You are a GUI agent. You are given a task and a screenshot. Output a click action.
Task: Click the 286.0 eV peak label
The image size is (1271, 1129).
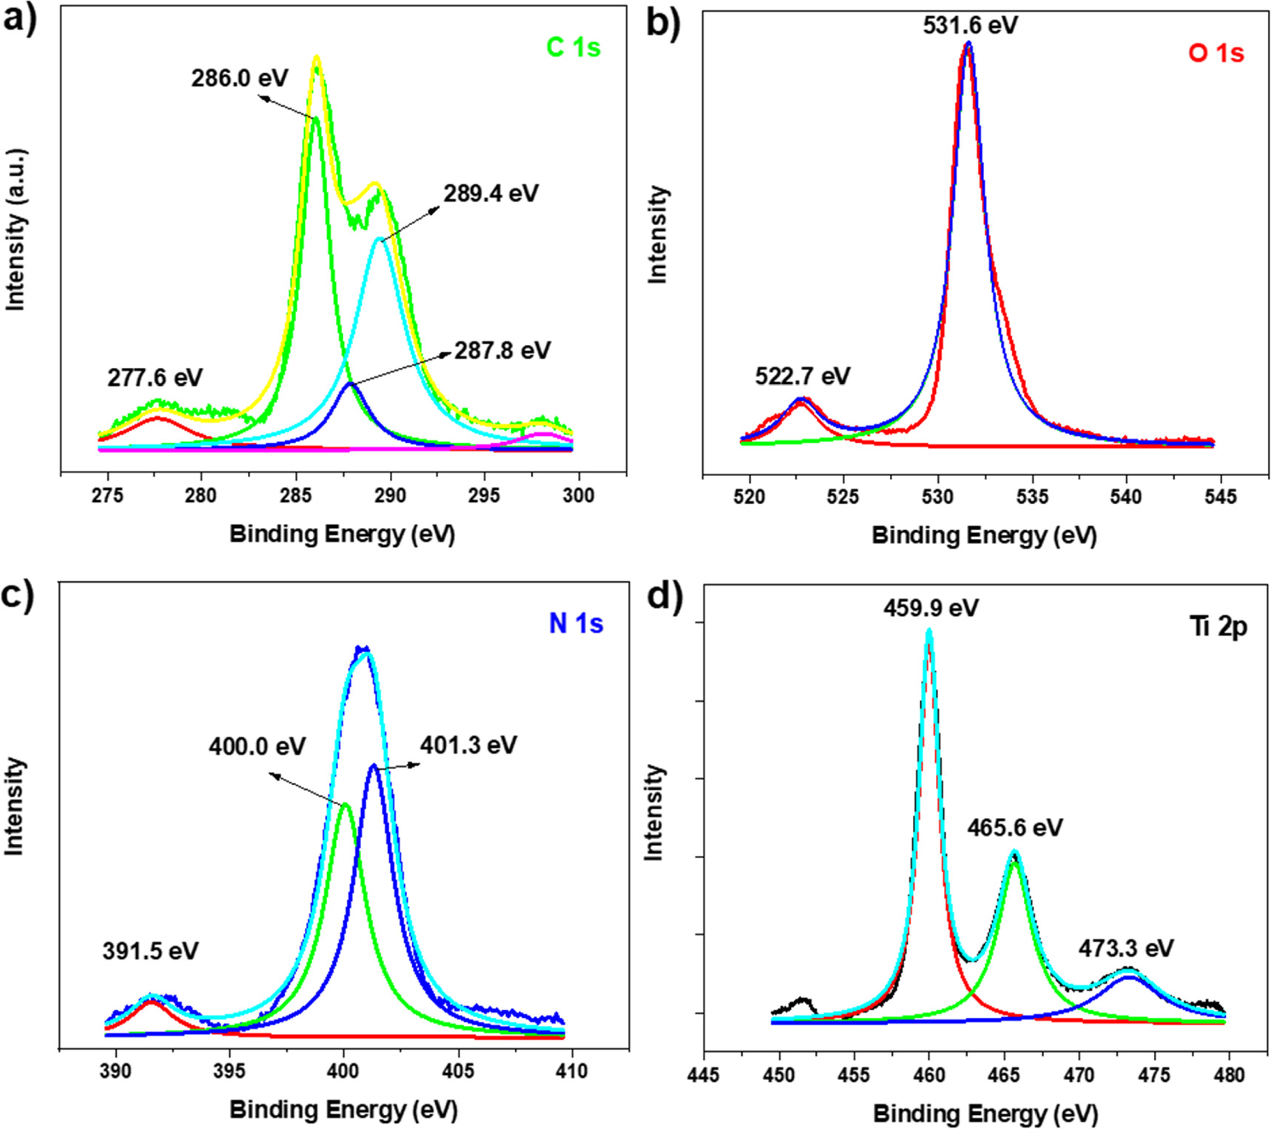[x=239, y=78]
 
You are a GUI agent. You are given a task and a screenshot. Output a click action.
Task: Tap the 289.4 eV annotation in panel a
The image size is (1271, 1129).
[x=491, y=193]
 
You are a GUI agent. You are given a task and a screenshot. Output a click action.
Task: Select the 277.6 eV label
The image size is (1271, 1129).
[x=155, y=378]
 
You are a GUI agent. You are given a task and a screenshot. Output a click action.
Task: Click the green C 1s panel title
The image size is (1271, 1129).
[x=573, y=47]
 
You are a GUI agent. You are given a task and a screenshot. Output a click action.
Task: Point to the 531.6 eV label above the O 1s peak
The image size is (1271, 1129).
[x=970, y=25]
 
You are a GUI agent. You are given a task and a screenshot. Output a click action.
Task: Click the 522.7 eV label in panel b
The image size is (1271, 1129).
[x=803, y=376]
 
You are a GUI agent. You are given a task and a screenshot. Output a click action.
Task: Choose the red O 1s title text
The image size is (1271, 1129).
[x=1216, y=53]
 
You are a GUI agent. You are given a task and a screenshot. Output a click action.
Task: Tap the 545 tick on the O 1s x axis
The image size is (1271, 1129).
[x=1220, y=496]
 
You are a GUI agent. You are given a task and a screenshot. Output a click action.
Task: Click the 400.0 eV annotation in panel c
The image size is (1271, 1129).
[x=257, y=746]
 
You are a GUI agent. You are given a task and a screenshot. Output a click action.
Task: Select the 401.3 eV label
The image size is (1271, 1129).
[x=468, y=744]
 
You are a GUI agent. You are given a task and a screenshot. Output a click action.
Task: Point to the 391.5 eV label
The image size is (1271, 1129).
[x=150, y=951]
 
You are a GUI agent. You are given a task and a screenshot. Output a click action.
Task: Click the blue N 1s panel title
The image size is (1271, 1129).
[x=576, y=623]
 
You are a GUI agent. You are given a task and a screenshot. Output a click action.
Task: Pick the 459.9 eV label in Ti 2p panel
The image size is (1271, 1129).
[x=931, y=608]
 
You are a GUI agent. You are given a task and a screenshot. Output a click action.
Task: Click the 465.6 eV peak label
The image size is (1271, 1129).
[x=1014, y=827]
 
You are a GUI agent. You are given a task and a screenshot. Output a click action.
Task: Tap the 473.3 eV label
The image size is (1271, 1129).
[x=1125, y=948]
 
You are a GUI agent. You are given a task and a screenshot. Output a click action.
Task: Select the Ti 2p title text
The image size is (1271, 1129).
[x=1218, y=626]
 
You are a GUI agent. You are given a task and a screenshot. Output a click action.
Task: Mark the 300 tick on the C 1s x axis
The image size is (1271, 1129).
[x=578, y=495]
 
